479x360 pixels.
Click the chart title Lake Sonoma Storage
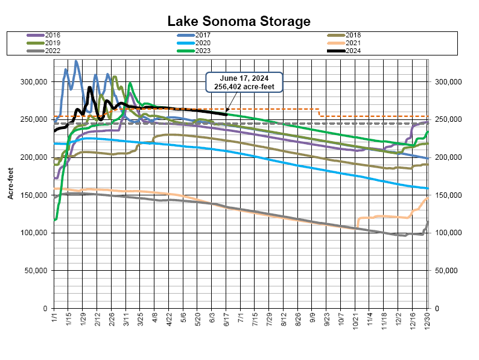click(239, 22)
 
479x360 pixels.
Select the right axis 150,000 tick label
click(446, 195)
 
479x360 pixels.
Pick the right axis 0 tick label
click(436, 309)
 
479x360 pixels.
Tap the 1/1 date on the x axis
click(54, 318)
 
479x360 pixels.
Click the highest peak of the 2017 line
click(76, 61)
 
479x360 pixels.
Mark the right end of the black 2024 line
click(226, 115)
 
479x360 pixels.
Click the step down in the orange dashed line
click(319, 113)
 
